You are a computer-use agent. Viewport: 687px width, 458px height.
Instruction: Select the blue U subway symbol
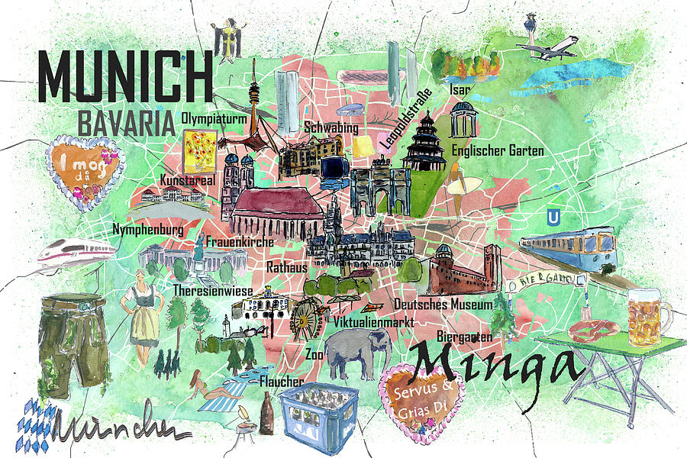tap(552, 218)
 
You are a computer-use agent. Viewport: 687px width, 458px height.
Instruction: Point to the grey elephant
tap(357, 353)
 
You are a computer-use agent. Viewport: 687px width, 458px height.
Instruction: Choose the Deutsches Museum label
tap(443, 304)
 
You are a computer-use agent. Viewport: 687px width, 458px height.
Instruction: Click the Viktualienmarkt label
tap(374, 322)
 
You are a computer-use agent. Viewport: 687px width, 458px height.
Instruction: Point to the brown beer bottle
tap(267, 414)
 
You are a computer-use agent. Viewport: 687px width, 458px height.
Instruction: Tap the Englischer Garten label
tap(498, 150)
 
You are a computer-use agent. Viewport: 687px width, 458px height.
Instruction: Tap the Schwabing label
tap(331, 127)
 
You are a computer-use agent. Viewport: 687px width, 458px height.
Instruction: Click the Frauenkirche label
tap(239, 242)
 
